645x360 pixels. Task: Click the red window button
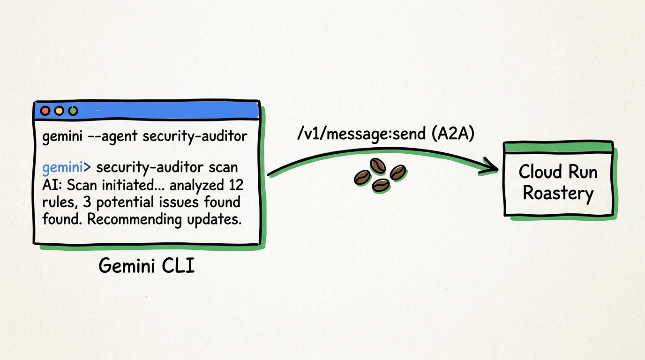pyautogui.click(x=45, y=112)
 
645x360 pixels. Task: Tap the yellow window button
pyautogui.click(x=59, y=112)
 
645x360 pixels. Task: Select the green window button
pyautogui.click(x=73, y=112)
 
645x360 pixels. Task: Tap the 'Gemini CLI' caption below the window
pyautogui.click(x=147, y=266)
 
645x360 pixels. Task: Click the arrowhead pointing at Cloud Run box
pyautogui.click(x=490, y=166)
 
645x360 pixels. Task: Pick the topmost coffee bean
pyautogui.click(x=378, y=165)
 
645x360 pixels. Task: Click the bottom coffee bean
pyautogui.click(x=381, y=185)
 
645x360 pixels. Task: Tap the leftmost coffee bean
pyautogui.click(x=362, y=177)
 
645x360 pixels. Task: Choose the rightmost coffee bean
pyautogui.click(x=398, y=172)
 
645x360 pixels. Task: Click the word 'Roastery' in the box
pyautogui.click(x=558, y=193)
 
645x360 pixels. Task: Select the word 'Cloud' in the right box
pyautogui.click(x=539, y=172)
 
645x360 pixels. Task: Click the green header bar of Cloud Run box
pyautogui.click(x=558, y=147)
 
